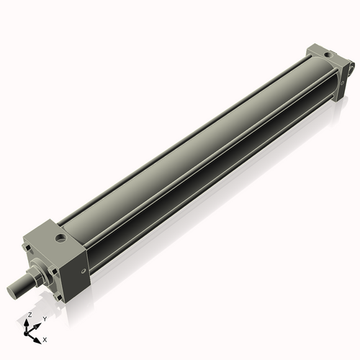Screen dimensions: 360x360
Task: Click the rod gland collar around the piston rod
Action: pos(37,274)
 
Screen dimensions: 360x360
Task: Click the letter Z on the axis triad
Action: pos(30,315)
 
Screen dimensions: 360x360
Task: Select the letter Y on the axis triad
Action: pos(44,318)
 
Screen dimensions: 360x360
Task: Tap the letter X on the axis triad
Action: pos(45,338)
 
